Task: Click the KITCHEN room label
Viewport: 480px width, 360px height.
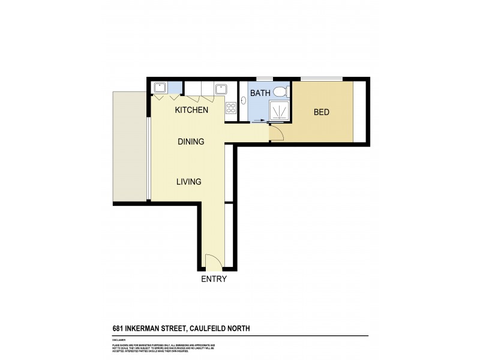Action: pyautogui.click(x=191, y=110)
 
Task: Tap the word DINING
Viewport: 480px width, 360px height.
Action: pyautogui.click(x=191, y=142)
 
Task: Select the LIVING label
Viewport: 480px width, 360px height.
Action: pyautogui.click(x=188, y=182)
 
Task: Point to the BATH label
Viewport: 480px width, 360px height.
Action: pyautogui.click(x=260, y=93)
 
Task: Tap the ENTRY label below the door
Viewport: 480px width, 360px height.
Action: pyautogui.click(x=214, y=279)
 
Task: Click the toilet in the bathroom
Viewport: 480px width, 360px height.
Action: pyautogui.click(x=280, y=92)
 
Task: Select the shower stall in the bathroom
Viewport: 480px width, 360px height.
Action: pyautogui.click(x=278, y=112)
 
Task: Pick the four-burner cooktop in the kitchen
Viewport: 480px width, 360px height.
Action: pyautogui.click(x=231, y=109)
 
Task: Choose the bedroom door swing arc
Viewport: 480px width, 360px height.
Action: pyautogui.click(x=277, y=134)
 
